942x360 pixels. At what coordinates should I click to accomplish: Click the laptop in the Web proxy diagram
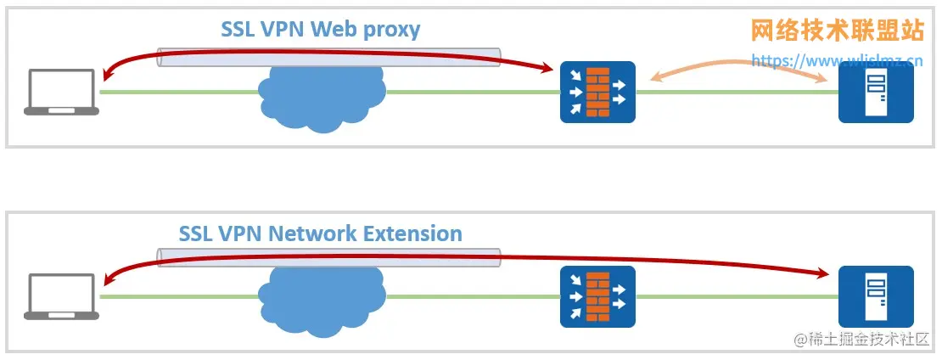tap(62, 91)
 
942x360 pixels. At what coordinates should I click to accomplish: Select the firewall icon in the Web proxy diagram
tap(597, 92)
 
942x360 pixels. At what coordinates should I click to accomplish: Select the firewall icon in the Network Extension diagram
tap(597, 296)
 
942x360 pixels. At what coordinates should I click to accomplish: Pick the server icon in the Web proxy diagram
tap(876, 92)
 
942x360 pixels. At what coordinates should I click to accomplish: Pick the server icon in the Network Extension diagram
tap(876, 296)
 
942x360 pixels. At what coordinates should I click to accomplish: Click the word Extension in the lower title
tap(411, 233)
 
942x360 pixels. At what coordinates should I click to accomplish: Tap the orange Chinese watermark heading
tap(837, 31)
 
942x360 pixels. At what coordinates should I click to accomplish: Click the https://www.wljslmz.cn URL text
tap(837, 60)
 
